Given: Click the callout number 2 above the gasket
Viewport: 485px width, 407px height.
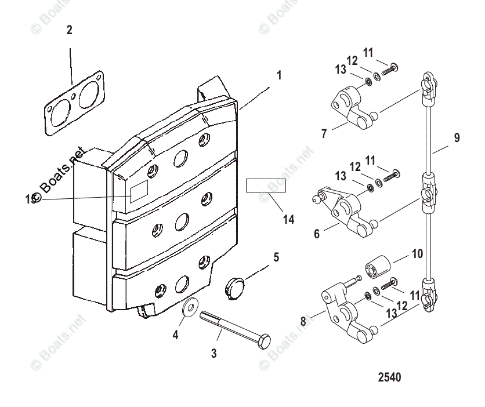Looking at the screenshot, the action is tap(70, 30).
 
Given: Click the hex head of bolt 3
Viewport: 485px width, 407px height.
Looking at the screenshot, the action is tap(263, 342).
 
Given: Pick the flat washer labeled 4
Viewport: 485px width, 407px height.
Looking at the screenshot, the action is tap(189, 309).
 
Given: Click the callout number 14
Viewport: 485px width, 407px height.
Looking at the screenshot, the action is tap(288, 220).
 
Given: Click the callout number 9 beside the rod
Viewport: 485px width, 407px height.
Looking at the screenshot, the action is tap(457, 138).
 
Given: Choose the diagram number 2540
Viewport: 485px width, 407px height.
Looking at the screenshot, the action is tap(389, 377).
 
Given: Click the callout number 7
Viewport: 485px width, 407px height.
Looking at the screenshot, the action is tap(324, 133).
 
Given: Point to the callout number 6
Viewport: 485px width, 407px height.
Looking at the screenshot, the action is tap(317, 234).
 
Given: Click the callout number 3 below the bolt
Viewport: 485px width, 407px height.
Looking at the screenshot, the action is tap(213, 353).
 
